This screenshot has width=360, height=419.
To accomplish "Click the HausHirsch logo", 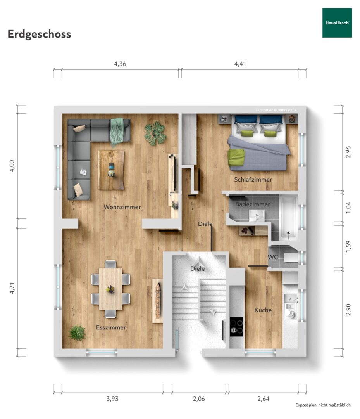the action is [337, 23].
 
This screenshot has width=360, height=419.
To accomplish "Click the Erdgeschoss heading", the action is [39, 34].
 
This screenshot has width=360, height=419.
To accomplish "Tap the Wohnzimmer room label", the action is [122, 207].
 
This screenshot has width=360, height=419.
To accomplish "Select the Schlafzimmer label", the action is [253, 180].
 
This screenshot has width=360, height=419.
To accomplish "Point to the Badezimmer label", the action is [252, 204].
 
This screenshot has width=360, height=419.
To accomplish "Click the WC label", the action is [273, 257].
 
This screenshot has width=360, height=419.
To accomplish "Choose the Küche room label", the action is [263, 310].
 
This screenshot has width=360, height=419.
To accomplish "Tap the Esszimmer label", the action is [111, 327].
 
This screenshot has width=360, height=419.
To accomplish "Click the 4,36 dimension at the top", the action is [120, 64].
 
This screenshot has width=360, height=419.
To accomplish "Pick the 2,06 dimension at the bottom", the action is [199, 399].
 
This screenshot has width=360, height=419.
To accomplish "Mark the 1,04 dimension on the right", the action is [348, 207].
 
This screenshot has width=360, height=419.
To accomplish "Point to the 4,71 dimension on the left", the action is [12, 288].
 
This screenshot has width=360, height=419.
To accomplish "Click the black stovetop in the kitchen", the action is [236, 327].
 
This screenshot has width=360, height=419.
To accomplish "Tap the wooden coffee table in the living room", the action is [111, 170].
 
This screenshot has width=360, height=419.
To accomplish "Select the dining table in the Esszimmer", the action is [110, 289].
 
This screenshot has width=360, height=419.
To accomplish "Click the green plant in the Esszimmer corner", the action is [77, 333].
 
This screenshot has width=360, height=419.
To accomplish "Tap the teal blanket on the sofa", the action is [117, 132].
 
